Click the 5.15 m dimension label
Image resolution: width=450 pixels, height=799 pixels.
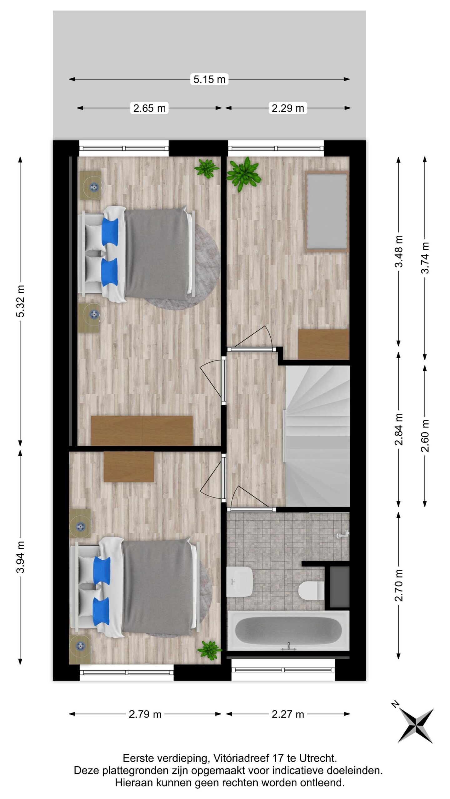click(x=209, y=79)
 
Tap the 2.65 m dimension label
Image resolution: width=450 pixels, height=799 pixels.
click(x=149, y=108)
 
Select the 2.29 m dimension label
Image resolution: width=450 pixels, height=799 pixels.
click(x=287, y=108)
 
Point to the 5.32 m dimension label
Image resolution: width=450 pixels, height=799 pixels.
click(x=21, y=301)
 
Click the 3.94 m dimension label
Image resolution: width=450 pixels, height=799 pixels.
click(x=21, y=557)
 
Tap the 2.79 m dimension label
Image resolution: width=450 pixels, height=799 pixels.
click(x=145, y=714)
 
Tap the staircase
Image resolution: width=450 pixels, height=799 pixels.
click(x=317, y=435)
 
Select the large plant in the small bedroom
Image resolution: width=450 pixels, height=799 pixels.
click(x=244, y=174)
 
